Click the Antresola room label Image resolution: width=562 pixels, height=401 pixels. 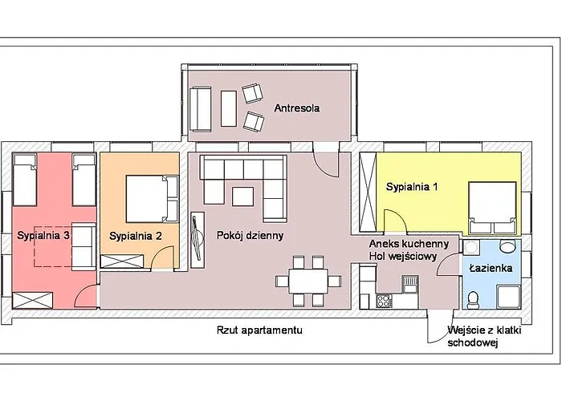[x=297, y=108]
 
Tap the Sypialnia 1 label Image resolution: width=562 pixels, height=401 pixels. [x=412, y=187]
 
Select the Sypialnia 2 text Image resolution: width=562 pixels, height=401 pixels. [x=136, y=237]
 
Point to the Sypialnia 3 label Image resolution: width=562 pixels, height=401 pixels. [x=43, y=236]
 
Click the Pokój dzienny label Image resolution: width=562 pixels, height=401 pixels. [x=250, y=236]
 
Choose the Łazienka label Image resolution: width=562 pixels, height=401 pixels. [x=491, y=268]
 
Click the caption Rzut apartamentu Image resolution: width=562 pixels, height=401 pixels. [x=259, y=330]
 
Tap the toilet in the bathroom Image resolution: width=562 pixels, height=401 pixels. [x=473, y=299]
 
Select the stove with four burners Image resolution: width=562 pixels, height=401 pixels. [x=384, y=301]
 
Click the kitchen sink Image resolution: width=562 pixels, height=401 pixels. [x=410, y=284]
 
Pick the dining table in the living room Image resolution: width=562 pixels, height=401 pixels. [x=308, y=281]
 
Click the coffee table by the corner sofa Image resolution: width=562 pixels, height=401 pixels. [x=243, y=196]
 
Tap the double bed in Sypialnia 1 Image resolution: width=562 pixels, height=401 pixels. [x=492, y=208]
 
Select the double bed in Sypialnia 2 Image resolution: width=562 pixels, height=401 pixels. [x=152, y=199]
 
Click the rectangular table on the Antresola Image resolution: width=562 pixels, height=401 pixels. [x=229, y=108]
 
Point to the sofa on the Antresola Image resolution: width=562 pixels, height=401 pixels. [x=200, y=109]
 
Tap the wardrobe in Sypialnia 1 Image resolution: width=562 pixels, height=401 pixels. [x=368, y=192]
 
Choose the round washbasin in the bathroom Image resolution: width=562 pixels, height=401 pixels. [x=507, y=246]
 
